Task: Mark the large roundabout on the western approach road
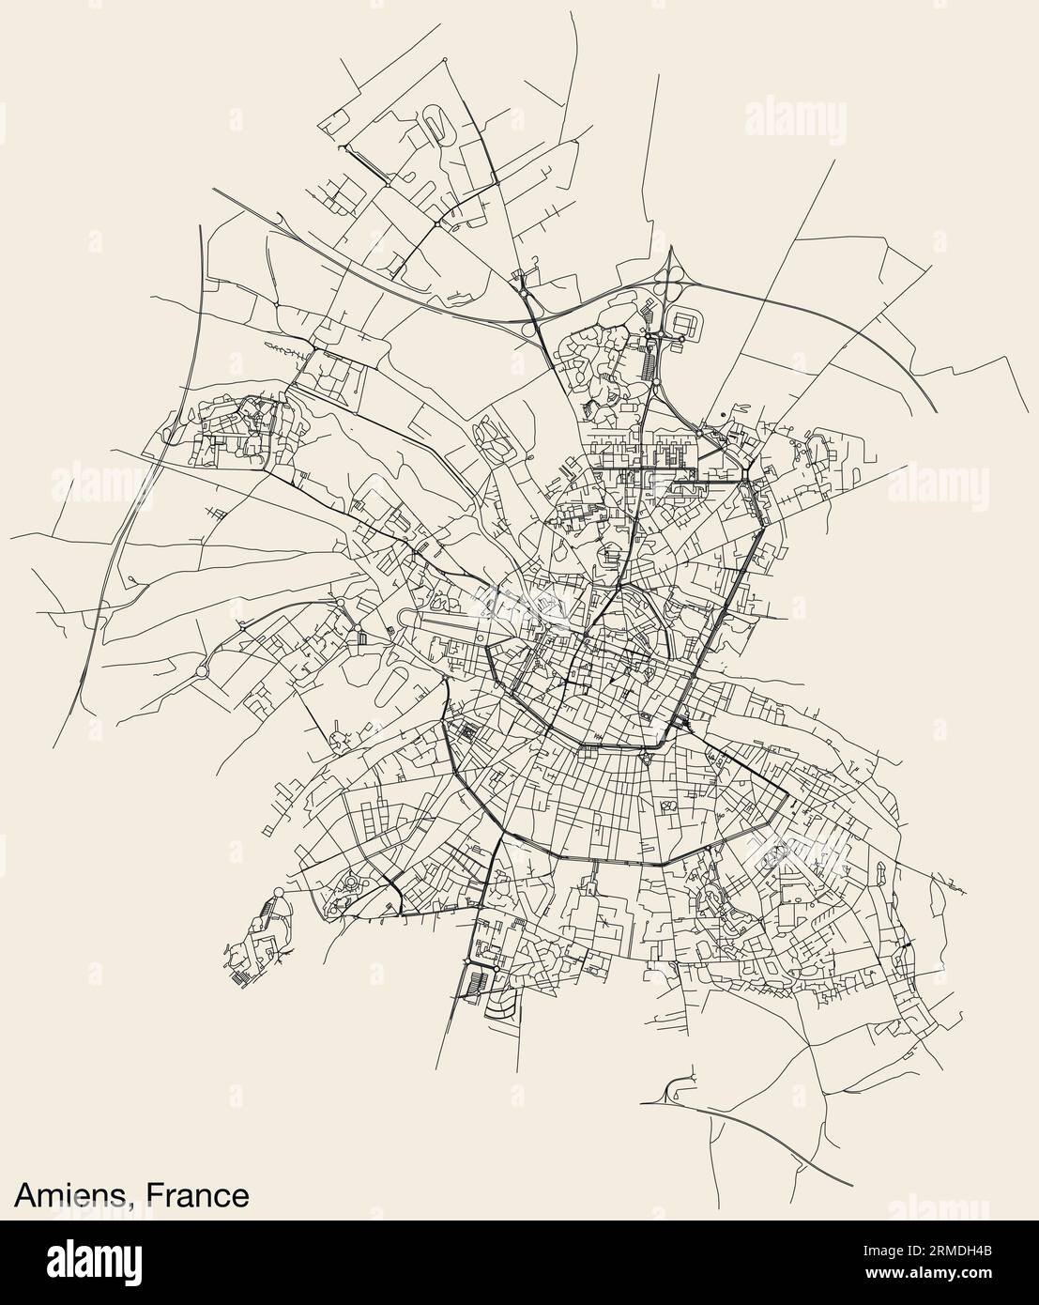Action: click(x=201, y=671)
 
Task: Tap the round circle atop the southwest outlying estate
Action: click(x=278, y=893)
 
